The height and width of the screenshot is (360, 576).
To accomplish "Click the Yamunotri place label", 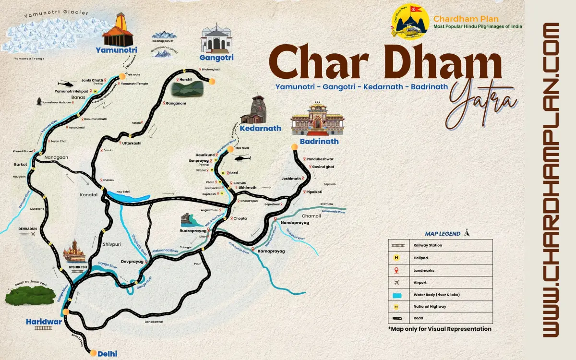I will [116, 50].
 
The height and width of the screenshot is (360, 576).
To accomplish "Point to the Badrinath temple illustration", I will [317, 120].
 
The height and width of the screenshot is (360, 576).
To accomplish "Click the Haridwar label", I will [44, 322].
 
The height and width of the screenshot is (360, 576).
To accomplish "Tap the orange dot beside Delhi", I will [93, 353].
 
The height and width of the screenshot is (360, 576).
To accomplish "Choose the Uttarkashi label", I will [132, 143].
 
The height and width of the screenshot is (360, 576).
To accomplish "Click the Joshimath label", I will [291, 179].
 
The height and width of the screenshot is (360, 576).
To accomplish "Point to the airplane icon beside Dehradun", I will [33, 234].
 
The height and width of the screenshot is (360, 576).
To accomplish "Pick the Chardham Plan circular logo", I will [410, 21].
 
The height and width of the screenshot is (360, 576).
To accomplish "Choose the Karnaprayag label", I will [271, 251].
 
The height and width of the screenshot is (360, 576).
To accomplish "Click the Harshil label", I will [186, 79].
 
